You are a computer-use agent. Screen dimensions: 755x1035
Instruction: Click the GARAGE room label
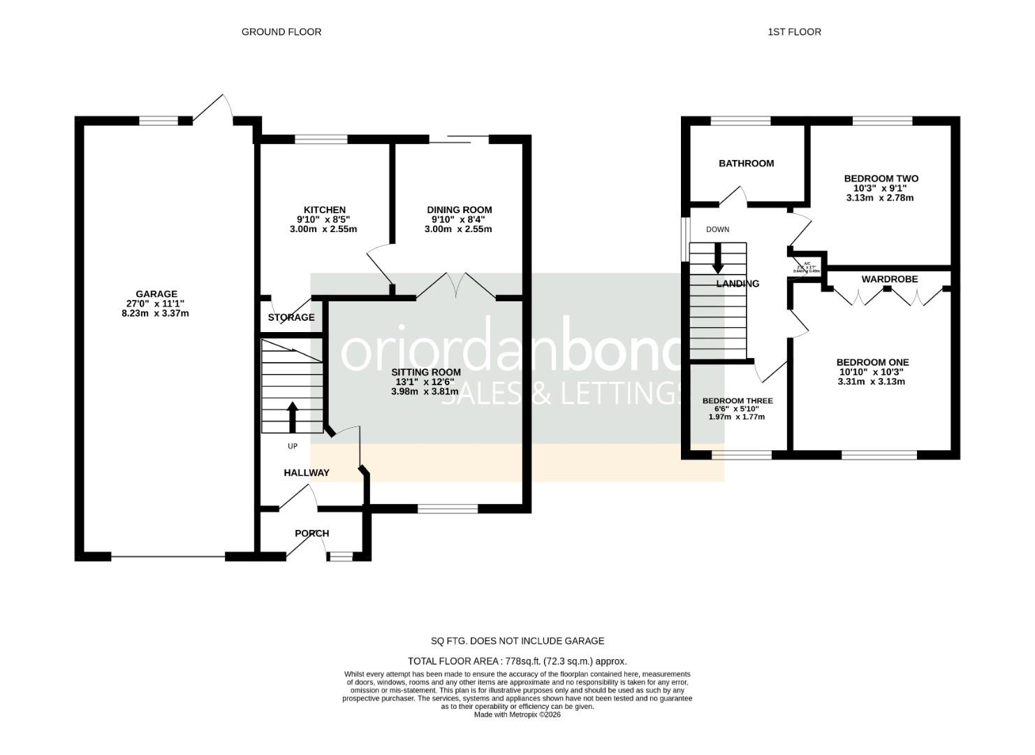[x=156, y=294]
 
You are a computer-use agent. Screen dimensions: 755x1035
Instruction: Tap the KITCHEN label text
[x=324, y=210]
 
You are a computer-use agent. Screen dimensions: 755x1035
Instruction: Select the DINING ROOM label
[x=459, y=210]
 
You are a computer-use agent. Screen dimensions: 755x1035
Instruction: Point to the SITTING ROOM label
[x=425, y=372]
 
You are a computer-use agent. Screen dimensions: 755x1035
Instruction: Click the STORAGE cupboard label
[x=291, y=317]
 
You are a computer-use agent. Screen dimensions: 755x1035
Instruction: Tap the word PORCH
[x=311, y=533]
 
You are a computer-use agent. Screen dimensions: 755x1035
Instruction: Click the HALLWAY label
[x=306, y=473]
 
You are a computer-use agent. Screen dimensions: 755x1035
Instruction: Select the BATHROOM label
[x=746, y=164]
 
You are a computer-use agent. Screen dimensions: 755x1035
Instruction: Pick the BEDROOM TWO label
[x=881, y=178]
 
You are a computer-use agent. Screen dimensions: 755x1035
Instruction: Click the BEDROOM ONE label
[x=872, y=362]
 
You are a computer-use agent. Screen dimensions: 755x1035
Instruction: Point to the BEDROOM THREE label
[x=737, y=401]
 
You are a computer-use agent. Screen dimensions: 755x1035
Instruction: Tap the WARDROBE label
[x=889, y=279]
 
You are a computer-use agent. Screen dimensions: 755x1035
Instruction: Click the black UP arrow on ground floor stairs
[x=292, y=417]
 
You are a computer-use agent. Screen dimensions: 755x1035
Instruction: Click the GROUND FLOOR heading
[x=281, y=31]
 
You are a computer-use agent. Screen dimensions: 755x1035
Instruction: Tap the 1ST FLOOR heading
[x=794, y=31]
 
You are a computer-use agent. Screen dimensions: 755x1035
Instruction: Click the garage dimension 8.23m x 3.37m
[x=155, y=313]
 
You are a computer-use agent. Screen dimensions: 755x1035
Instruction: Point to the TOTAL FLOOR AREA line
[x=517, y=661]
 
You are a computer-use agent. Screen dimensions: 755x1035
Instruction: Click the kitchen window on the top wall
[x=321, y=139]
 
